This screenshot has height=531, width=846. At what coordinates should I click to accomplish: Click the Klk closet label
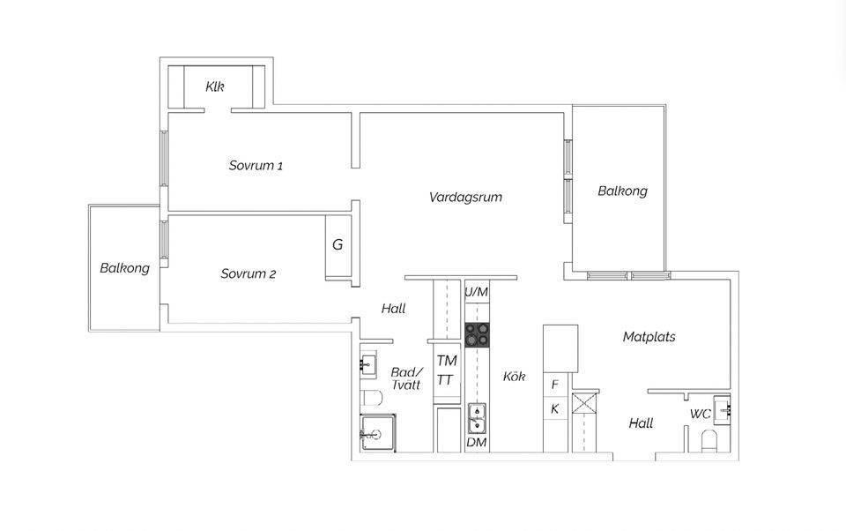(215, 86)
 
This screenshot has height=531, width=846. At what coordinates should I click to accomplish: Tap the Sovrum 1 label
(256, 166)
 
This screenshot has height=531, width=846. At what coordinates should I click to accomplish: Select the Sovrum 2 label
(249, 274)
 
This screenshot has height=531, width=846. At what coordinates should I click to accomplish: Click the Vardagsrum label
(465, 197)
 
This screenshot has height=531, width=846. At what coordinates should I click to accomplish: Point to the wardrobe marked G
(338, 245)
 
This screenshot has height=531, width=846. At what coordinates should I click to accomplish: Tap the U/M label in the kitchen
(476, 292)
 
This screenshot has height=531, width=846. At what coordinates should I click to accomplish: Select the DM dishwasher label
(477, 442)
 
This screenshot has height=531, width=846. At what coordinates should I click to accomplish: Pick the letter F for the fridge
(555, 385)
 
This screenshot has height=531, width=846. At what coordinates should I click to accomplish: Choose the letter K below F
(555, 409)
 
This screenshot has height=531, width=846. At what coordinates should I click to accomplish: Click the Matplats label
(649, 337)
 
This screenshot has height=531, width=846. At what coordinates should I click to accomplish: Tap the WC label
(701, 414)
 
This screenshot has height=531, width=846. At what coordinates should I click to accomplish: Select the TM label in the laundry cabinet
(447, 361)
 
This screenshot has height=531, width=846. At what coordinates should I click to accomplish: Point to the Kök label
(514, 377)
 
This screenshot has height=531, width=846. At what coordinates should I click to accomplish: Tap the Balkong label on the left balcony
(124, 268)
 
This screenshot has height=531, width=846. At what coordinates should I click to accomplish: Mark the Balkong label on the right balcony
(622, 191)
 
